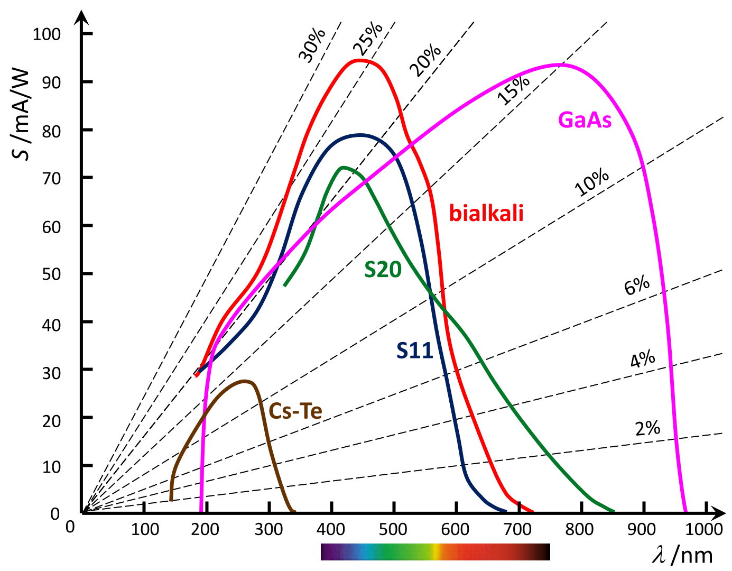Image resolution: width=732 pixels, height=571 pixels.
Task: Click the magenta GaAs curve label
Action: coord(585,121)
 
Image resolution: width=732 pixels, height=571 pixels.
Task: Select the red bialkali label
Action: coord(486,213)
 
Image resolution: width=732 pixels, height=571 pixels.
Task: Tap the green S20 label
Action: coord(383,270)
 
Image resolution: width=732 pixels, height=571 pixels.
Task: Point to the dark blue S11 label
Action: coord(415,351)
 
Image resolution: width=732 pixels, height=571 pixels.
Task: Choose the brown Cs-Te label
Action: coord(295,411)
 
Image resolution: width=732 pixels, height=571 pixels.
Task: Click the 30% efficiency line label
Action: coord(312,45)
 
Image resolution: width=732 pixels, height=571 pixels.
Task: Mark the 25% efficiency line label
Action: coord(368,39)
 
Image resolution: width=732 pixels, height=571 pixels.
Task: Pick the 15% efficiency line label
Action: coord(513,89)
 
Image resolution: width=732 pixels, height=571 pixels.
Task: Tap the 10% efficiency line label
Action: coord(591,182)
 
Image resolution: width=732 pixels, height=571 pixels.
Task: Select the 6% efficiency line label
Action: coord(637,285)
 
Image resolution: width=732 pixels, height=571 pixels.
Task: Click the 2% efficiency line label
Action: coord(647,428)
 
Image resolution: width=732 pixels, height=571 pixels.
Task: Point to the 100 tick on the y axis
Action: coord(47,34)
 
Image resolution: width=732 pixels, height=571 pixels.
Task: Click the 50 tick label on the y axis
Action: coord(51,274)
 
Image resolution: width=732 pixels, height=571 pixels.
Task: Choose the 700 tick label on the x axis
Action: coord(518,529)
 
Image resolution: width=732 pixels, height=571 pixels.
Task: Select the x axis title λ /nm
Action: coord(682,555)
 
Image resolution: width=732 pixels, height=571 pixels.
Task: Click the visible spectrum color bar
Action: coord(435,551)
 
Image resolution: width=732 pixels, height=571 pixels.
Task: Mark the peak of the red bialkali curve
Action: coord(359,60)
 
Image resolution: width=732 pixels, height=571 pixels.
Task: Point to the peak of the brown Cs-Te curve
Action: coord(244,381)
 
